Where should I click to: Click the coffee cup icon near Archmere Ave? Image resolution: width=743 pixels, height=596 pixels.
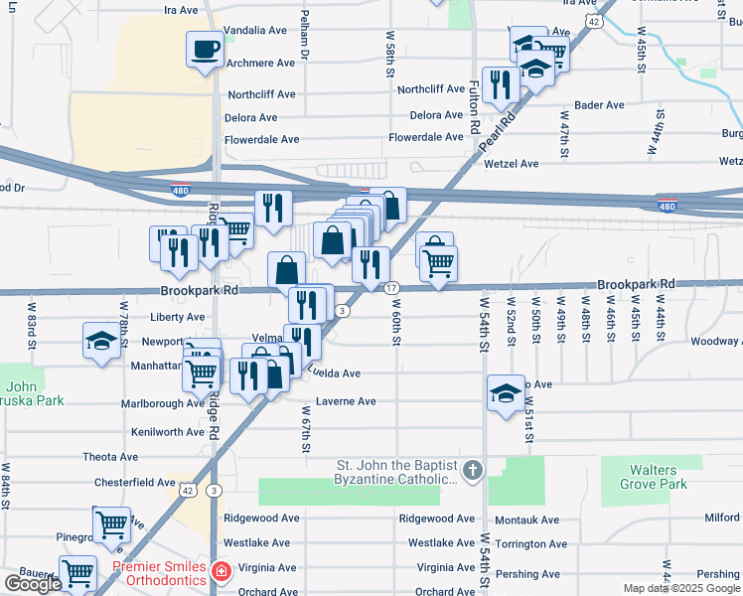point(206,49)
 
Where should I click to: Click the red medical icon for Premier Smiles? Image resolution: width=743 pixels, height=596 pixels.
point(221,572)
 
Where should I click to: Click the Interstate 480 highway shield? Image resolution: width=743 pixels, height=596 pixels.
point(667,207)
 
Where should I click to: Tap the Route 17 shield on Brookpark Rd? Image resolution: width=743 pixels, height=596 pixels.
point(392,287)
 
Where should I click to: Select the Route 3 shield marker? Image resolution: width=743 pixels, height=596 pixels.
point(342,311)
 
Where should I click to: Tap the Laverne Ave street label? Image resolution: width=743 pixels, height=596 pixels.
point(346,401)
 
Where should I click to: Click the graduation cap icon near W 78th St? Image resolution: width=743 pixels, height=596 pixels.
point(101,340)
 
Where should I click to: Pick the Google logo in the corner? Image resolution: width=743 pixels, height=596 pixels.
point(33,584)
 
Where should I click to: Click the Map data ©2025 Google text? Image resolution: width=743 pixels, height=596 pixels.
point(680,588)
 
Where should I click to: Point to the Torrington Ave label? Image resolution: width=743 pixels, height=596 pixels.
point(530,544)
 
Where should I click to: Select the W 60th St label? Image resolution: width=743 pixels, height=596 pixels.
point(394,323)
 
